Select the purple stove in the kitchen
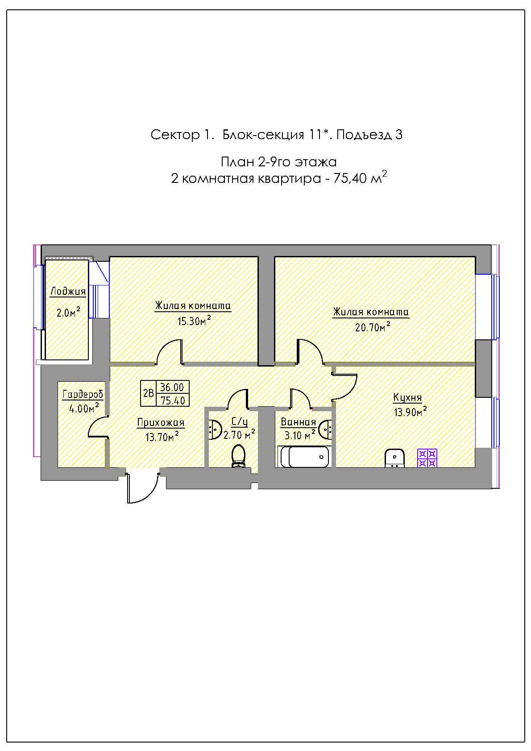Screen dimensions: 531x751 (x=427, y=458)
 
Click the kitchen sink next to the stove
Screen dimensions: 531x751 (x=394, y=458)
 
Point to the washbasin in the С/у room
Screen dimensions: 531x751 (x=214, y=429)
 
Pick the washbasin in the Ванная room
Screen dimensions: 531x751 (x=325, y=429)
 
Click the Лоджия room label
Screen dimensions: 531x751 (x=68, y=291)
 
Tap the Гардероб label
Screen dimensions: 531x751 (x=83, y=395)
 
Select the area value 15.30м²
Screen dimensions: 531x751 (x=194, y=321)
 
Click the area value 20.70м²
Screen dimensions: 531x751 (x=372, y=326)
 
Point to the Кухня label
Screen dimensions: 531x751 (x=407, y=398)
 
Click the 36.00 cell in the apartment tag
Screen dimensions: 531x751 (x=172, y=387)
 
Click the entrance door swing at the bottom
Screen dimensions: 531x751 (x=142, y=488)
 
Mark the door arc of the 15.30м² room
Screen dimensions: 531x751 (x=167, y=347)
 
